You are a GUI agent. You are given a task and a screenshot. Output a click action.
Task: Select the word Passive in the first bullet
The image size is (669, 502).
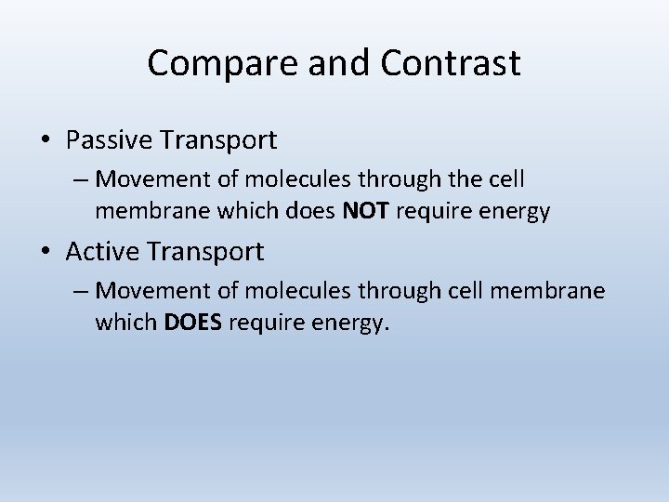pos(110,140)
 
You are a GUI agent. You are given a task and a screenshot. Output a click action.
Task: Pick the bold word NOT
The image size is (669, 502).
pos(367,211)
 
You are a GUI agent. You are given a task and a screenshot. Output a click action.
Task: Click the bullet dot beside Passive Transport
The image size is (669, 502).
pos(46,141)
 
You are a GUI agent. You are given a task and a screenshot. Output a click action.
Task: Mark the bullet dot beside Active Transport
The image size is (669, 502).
pos(46,252)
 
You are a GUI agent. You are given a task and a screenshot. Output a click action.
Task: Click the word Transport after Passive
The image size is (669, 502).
pos(218,140)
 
